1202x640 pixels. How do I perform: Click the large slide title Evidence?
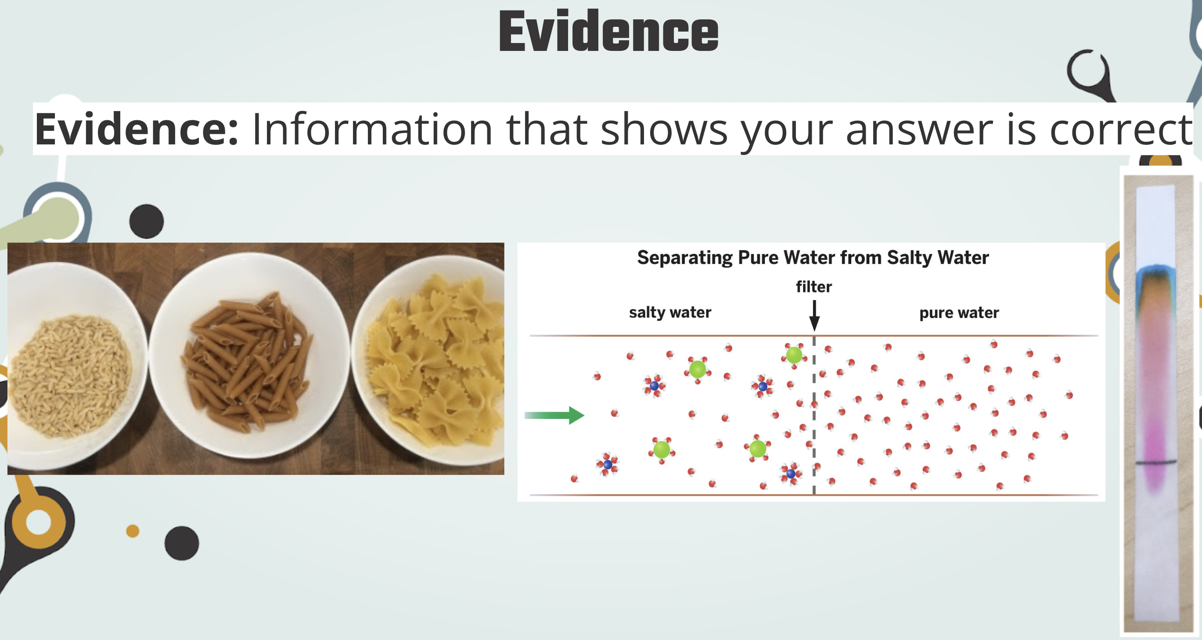pos(608,31)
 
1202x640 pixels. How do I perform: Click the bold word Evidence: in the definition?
pos(137,129)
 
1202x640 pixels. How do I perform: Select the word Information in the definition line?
pos(372,129)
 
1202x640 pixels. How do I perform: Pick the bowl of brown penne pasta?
pos(250,356)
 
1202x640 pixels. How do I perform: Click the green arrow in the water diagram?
pos(554,415)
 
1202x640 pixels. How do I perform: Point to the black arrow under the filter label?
pos(814,315)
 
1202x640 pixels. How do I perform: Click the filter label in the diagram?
pos(814,286)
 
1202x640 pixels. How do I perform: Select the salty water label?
pos(670,312)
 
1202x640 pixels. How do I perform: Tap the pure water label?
pos(959,313)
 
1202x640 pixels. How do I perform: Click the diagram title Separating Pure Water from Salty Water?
pos(813,258)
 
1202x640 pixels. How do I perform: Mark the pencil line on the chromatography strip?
pos(1156,462)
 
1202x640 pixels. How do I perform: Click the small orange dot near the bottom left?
pos(133,531)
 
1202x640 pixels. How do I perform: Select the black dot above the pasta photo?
pos(147,221)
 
